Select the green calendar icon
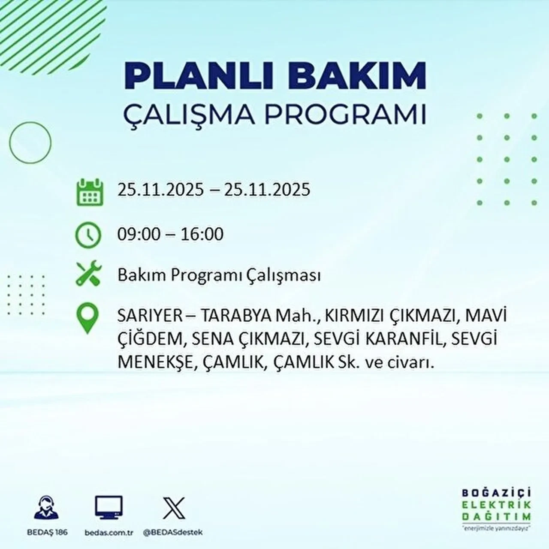tap(90, 193)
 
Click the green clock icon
tap(88, 235)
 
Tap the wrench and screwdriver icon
tap(88, 274)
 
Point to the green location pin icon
tap(87, 318)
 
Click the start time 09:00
tap(139, 235)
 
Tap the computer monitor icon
tap(109, 508)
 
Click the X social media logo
tap(174, 508)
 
